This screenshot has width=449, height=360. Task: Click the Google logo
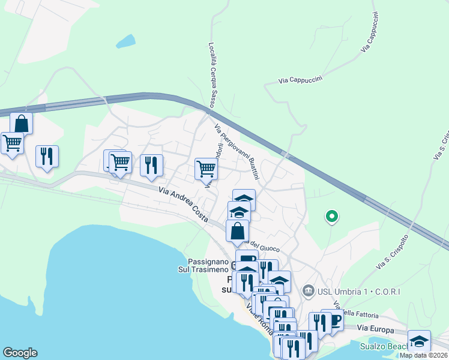20,353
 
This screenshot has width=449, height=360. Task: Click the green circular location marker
331,216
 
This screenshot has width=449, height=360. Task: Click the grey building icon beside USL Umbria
309,292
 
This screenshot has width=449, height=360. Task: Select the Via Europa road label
376,329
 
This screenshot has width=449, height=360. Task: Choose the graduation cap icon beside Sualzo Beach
419,341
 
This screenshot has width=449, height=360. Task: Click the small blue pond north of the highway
126,41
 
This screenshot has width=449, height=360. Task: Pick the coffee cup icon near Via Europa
334,320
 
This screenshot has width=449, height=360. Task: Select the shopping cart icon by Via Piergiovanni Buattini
206,169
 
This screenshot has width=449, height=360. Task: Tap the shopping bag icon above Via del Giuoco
238,230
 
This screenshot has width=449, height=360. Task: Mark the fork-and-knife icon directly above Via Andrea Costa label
151,164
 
